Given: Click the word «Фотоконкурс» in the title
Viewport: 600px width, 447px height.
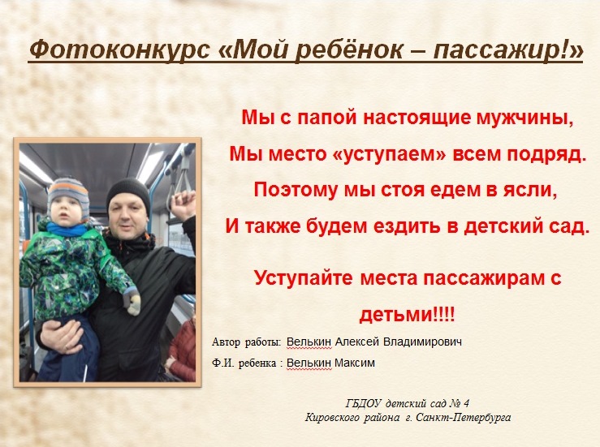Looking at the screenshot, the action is point(120,50).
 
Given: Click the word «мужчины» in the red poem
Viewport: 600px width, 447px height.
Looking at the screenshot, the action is point(524,118).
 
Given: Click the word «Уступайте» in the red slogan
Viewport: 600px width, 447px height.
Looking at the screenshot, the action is point(303,278).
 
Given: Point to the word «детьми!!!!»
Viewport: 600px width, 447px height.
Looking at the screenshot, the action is point(408,315).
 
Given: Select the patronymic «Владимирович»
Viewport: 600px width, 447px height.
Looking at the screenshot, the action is point(422,342).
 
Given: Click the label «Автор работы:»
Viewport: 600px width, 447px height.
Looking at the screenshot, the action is point(247,342).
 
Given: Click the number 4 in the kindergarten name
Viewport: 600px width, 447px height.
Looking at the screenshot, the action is point(466,403).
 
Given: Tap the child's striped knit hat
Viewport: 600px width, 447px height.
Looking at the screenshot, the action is point(67,194).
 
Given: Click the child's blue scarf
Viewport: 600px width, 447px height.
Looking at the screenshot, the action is point(66,230).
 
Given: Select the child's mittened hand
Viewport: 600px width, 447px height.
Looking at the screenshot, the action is point(132,301).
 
